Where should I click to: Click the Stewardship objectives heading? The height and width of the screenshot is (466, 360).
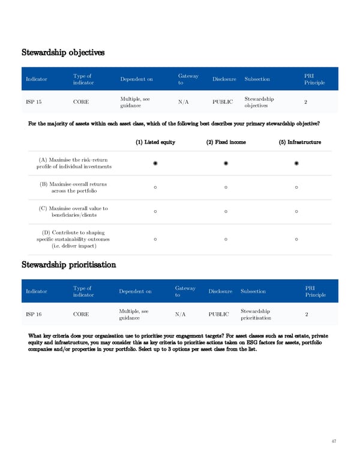[63, 52]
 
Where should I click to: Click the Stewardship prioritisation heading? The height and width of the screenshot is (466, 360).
[69, 264]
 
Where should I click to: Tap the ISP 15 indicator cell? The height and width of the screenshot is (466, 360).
[34, 102]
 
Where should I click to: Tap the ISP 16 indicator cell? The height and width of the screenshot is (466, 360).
[34, 314]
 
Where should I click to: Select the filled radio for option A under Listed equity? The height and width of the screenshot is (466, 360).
[155, 163]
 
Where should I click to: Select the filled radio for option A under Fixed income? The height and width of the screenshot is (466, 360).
[226, 163]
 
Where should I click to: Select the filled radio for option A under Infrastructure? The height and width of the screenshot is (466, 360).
[297, 163]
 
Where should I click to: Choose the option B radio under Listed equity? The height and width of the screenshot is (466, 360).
[155, 187]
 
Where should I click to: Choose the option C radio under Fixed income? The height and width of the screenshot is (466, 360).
[226, 211]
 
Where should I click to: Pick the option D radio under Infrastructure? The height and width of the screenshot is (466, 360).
[297, 240]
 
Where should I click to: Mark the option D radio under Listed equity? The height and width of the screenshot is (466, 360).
[155, 240]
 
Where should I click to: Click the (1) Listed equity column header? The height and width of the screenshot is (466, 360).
[155, 142]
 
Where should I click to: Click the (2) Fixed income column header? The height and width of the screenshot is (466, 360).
[226, 142]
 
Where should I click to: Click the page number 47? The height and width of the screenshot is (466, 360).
[334, 441]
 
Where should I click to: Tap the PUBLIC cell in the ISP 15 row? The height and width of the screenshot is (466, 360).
[223, 102]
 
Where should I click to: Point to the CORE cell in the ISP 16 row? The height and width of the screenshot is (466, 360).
[81, 314]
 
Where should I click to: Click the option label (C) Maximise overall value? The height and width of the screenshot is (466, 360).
[72, 211]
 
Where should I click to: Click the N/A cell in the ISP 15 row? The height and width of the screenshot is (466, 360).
[184, 102]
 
